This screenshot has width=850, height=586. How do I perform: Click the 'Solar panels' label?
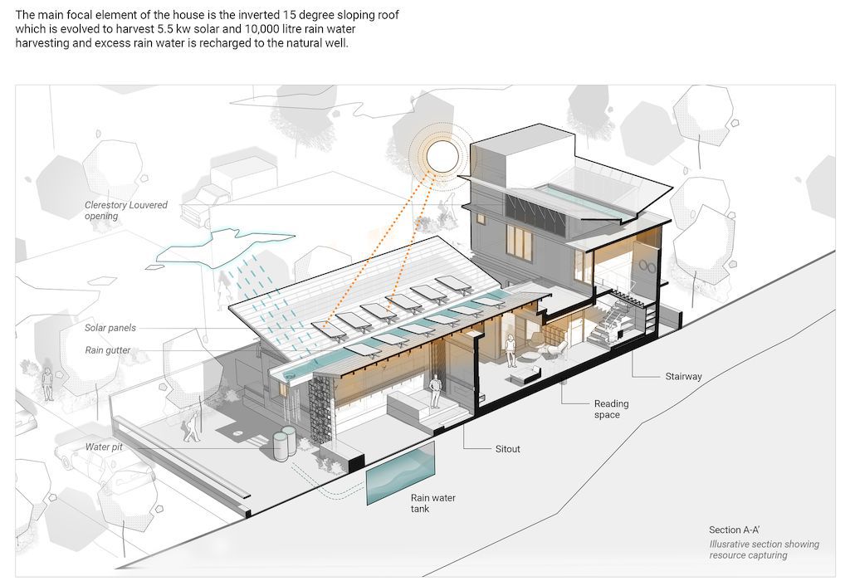[x=110, y=328]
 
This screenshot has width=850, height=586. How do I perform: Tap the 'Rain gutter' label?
[x=107, y=350]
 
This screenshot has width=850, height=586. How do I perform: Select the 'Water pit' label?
[x=104, y=447]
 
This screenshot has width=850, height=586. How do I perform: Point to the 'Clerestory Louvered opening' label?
[x=126, y=210]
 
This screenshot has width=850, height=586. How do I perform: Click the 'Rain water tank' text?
[x=432, y=503]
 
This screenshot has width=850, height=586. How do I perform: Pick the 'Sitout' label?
[x=507, y=449]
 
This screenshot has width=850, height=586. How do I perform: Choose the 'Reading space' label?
[x=611, y=409]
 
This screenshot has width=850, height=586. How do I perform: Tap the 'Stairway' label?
[x=683, y=376]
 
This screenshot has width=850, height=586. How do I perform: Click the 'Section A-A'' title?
[x=734, y=530]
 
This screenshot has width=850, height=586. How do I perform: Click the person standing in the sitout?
[x=435, y=393]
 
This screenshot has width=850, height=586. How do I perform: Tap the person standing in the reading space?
[x=510, y=351]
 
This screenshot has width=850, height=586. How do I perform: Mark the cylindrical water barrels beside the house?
[x=285, y=443]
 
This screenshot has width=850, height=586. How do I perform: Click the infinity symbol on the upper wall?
[x=647, y=266]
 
